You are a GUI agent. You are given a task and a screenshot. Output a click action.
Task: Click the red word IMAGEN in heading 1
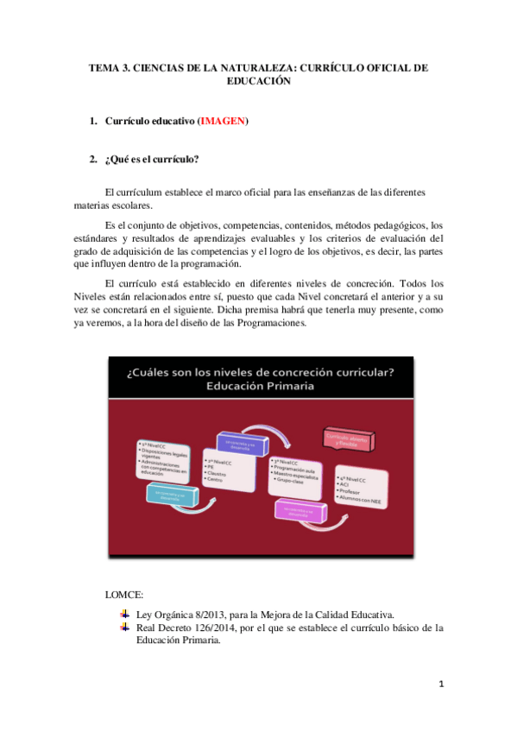point(223,122)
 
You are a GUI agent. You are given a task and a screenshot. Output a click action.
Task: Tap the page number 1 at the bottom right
point(441,685)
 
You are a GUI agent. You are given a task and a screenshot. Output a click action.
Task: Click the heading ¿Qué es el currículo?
point(152,160)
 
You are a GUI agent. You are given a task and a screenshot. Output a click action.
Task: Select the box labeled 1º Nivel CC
point(167,460)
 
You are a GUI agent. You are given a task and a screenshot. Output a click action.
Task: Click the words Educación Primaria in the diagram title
point(260,386)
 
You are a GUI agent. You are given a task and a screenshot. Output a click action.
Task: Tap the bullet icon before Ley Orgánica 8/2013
point(126,613)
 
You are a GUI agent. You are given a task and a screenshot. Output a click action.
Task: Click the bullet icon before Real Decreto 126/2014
point(126,627)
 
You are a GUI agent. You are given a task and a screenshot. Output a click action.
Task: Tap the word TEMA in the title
point(106,66)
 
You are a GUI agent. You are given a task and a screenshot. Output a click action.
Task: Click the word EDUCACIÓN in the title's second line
point(259,80)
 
